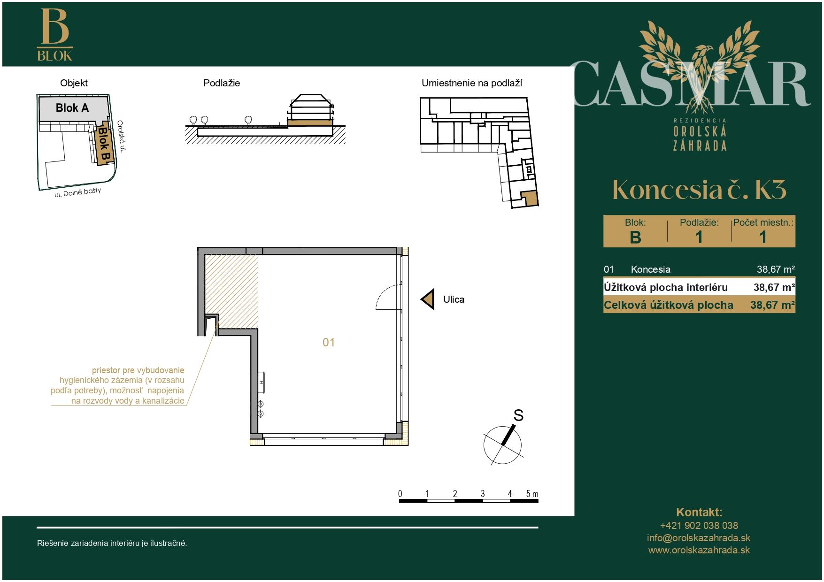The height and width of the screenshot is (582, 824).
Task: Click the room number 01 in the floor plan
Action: pos(329,343)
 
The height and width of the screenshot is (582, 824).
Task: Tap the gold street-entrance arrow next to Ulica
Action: pos(428,299)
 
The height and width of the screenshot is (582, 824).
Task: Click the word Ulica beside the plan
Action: pos(454,299)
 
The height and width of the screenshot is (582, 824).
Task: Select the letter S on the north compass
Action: pos(518,415)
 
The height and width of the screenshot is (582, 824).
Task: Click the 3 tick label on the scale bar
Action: pos(483,494)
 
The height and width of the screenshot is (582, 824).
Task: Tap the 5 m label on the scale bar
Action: pos(532,494)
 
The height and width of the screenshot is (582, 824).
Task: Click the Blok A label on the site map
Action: pos(72,108)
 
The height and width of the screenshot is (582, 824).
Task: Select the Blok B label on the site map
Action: pos(103,145)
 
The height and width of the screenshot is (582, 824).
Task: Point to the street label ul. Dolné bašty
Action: pos(78,193)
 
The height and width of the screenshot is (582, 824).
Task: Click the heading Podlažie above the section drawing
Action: pos(222,83)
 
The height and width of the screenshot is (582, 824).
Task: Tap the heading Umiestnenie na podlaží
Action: pos(472,83)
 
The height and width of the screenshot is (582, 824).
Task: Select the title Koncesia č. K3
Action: pos(699,189)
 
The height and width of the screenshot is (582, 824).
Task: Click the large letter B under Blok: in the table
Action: pos(635,237)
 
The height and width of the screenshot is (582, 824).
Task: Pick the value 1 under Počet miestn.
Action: pos(763,237)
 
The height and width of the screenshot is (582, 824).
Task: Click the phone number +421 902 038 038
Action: pos(699,526)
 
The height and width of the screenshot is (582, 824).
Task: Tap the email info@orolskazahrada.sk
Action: pos(699,538)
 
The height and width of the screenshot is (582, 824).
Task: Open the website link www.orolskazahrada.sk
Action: pos(699,551)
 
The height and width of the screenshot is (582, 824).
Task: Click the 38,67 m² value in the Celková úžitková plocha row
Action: pos(772,305)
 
